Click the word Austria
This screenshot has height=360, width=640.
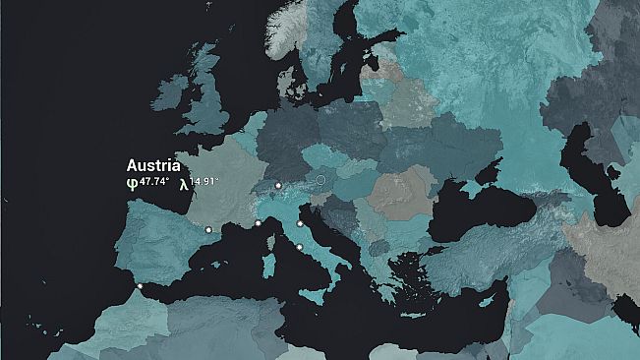pos(153,166)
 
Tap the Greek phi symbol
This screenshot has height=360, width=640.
pos(132,183)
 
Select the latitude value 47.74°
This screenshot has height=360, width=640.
pos(153,182)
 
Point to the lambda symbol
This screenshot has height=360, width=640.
pos(183,183)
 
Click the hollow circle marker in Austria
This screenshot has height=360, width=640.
pos(320,180)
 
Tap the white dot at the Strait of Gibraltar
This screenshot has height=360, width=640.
pos(140,286)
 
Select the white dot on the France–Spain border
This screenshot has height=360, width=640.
pos(208,230)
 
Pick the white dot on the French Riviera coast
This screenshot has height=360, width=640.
pos(258,223)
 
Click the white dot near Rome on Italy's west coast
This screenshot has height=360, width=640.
pos(300,247)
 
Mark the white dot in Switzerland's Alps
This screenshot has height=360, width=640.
pos(278,185)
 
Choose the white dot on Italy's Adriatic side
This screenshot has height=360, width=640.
pos(299,224)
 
